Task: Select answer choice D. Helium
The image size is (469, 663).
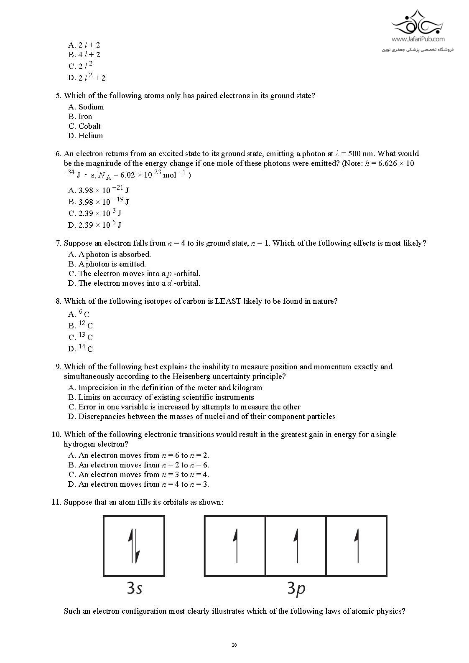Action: coord(86,136)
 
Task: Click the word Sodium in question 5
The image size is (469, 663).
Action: coord(91,107)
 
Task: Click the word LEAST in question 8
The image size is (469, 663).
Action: coord(228,301)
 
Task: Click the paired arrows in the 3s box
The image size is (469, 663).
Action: coord(134,545)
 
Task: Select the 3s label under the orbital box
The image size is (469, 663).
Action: coord(134,588)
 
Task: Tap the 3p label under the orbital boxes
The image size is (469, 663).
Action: coord(296,588)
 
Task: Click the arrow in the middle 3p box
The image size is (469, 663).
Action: coord(296,545)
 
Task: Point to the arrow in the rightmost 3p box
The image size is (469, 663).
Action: coord(357,545)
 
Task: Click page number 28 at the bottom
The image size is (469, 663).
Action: coord(234,645)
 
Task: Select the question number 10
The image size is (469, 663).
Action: coord(56,434)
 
